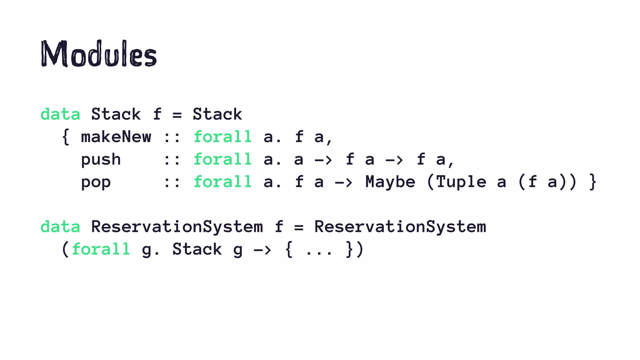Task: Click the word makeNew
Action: click(116, 137)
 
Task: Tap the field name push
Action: click(101, 160)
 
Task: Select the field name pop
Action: click(96, 182)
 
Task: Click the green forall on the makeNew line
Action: click(222, 137)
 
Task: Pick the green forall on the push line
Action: click(222, 159)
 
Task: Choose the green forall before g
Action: click(101, 249)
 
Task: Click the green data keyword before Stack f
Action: click(60, 114)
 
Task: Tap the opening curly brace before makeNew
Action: click(66, 137)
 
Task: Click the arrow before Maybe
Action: click(343, 182)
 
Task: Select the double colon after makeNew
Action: click(172, 137)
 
